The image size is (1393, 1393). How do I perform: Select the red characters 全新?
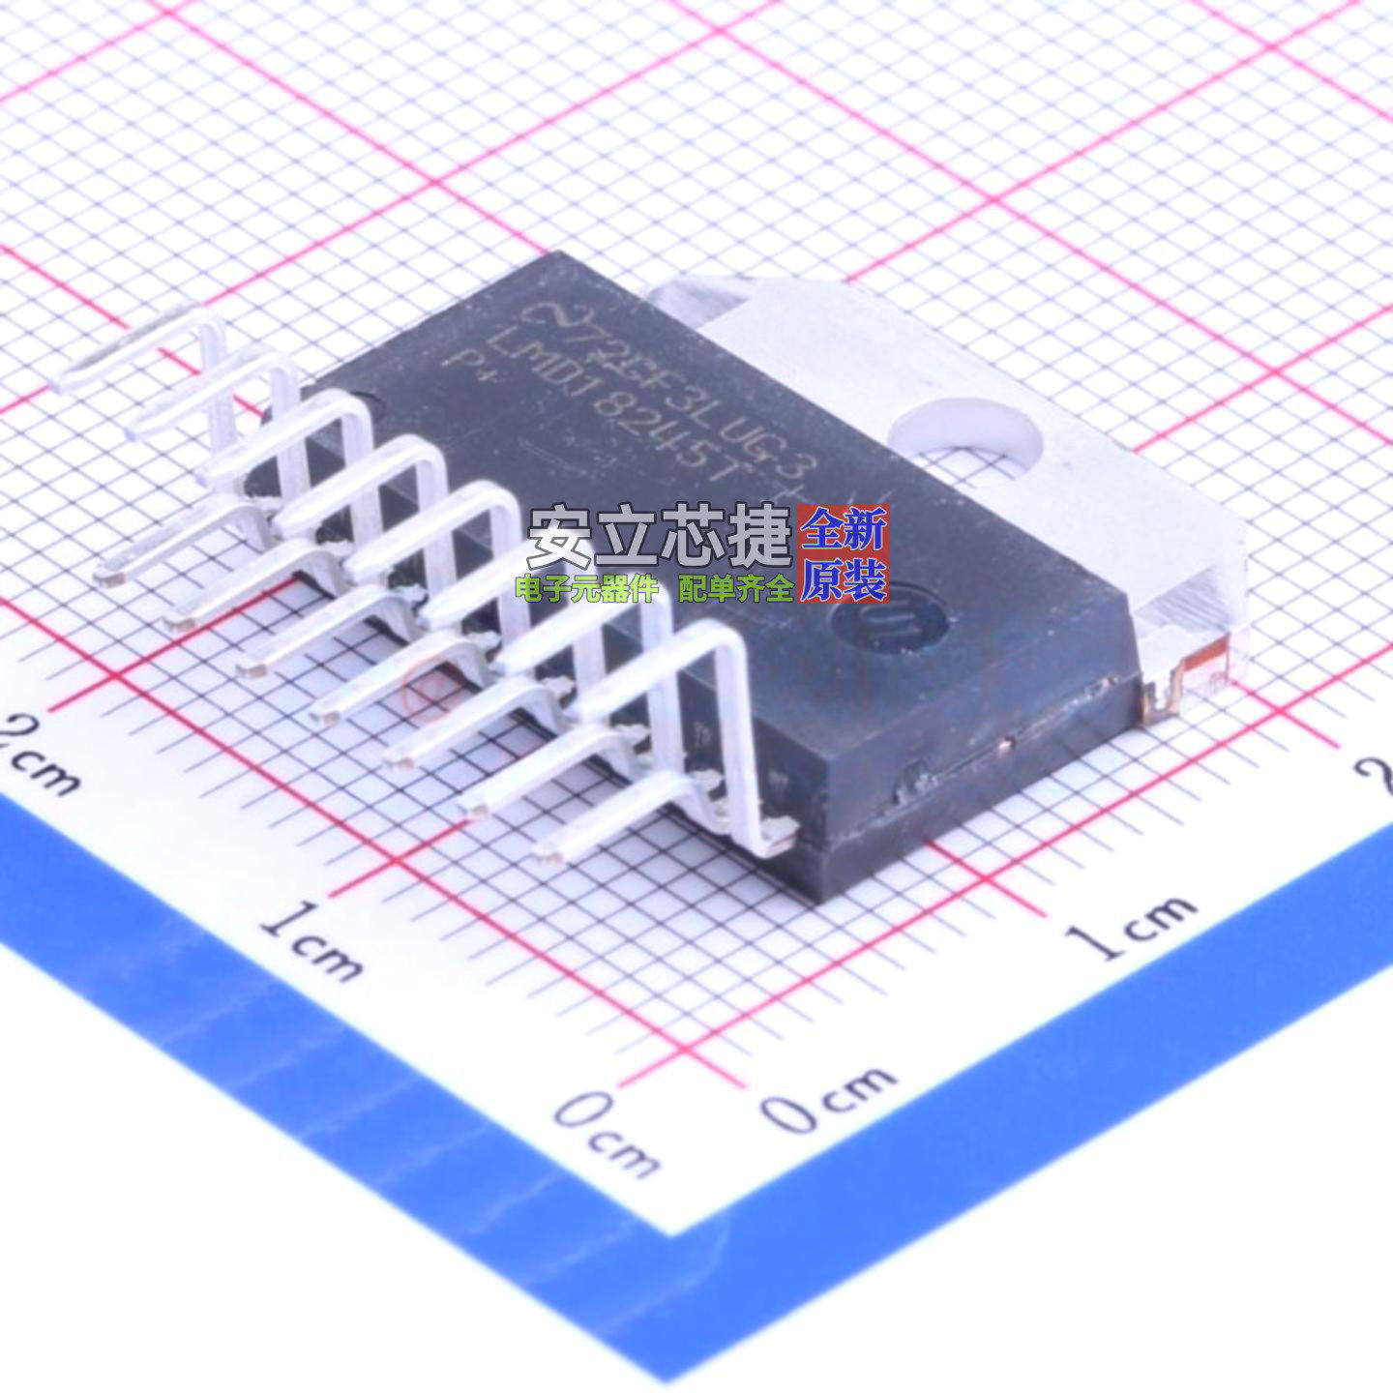tap(845, 531)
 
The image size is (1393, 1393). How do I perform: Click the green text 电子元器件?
tap(586, 587)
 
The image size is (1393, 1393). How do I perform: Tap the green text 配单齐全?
tap(735, 587)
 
